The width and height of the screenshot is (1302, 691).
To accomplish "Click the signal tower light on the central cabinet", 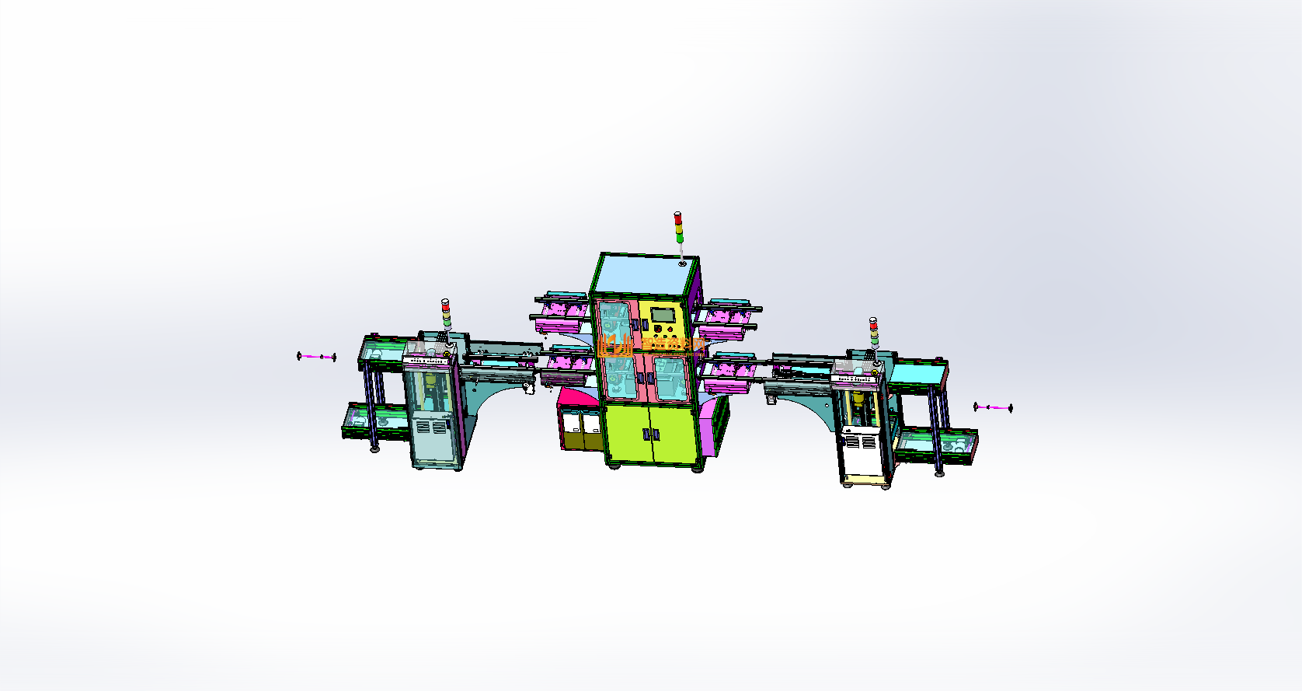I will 678,226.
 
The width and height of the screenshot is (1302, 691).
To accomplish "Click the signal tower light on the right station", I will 873,332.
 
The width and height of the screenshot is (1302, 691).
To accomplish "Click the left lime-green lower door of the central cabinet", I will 627,434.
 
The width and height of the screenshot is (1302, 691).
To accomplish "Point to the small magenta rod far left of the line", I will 316,357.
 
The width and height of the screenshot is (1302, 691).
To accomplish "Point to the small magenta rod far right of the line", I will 993,407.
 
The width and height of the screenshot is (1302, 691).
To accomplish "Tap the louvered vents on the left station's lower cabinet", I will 428,428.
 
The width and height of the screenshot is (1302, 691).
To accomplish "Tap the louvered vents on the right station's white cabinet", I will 860,441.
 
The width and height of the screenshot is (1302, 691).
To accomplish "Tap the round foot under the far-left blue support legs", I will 374,448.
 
